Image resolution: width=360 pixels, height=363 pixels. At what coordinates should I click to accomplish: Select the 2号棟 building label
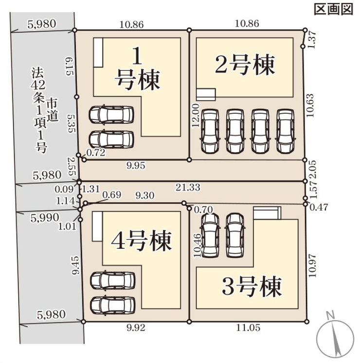point(245,64)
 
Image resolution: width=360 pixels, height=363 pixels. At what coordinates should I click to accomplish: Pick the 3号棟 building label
point(252,286)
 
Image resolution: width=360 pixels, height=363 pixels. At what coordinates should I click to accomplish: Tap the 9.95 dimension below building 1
point(135,166)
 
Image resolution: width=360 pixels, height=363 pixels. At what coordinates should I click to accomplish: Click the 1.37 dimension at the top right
point(312,38)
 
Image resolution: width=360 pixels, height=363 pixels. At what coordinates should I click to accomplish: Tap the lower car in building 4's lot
point(113,304)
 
